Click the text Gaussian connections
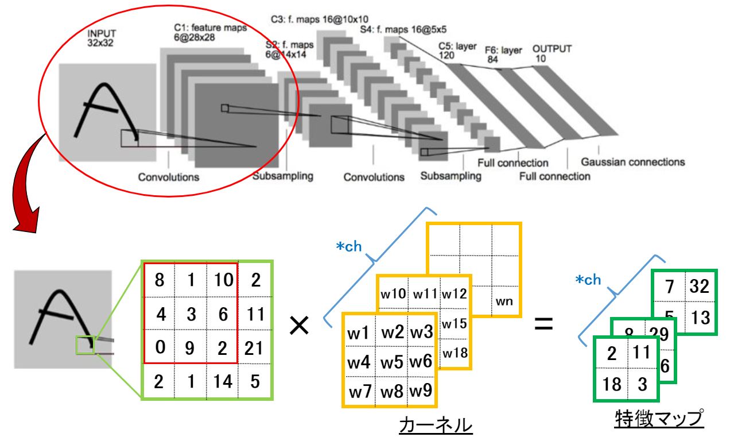pos(632,162)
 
